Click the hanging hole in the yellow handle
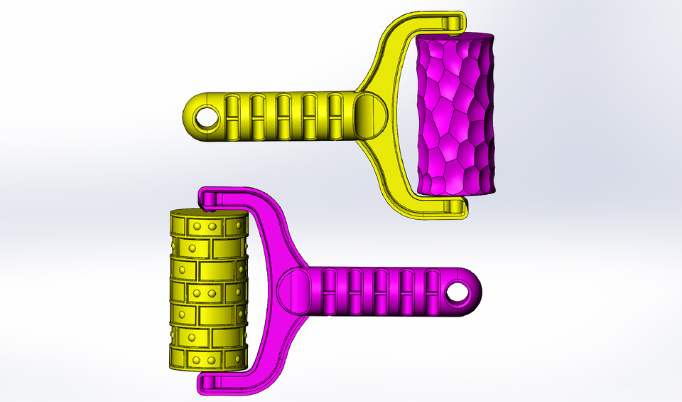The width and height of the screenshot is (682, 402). point(207,117)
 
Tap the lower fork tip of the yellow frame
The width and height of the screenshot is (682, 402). point(455,207)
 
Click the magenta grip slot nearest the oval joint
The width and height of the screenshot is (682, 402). point(330,292)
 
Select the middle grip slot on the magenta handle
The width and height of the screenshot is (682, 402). point(381,292)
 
